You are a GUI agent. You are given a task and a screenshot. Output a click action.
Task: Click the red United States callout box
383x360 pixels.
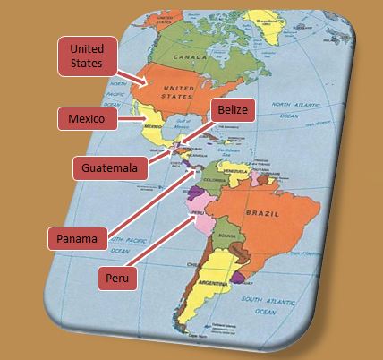tap(88, 56)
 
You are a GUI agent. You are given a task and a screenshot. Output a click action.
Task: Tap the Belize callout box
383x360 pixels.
tap(232, 112)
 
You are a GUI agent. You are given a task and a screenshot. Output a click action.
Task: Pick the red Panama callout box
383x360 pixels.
tap(78, 237)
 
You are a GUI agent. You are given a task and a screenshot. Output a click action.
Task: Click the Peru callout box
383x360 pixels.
tap(116, 278)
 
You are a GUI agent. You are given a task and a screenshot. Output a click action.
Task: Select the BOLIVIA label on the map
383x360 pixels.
tap(227, 235)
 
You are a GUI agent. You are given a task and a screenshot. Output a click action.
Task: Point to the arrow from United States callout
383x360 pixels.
tap(135, 82)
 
